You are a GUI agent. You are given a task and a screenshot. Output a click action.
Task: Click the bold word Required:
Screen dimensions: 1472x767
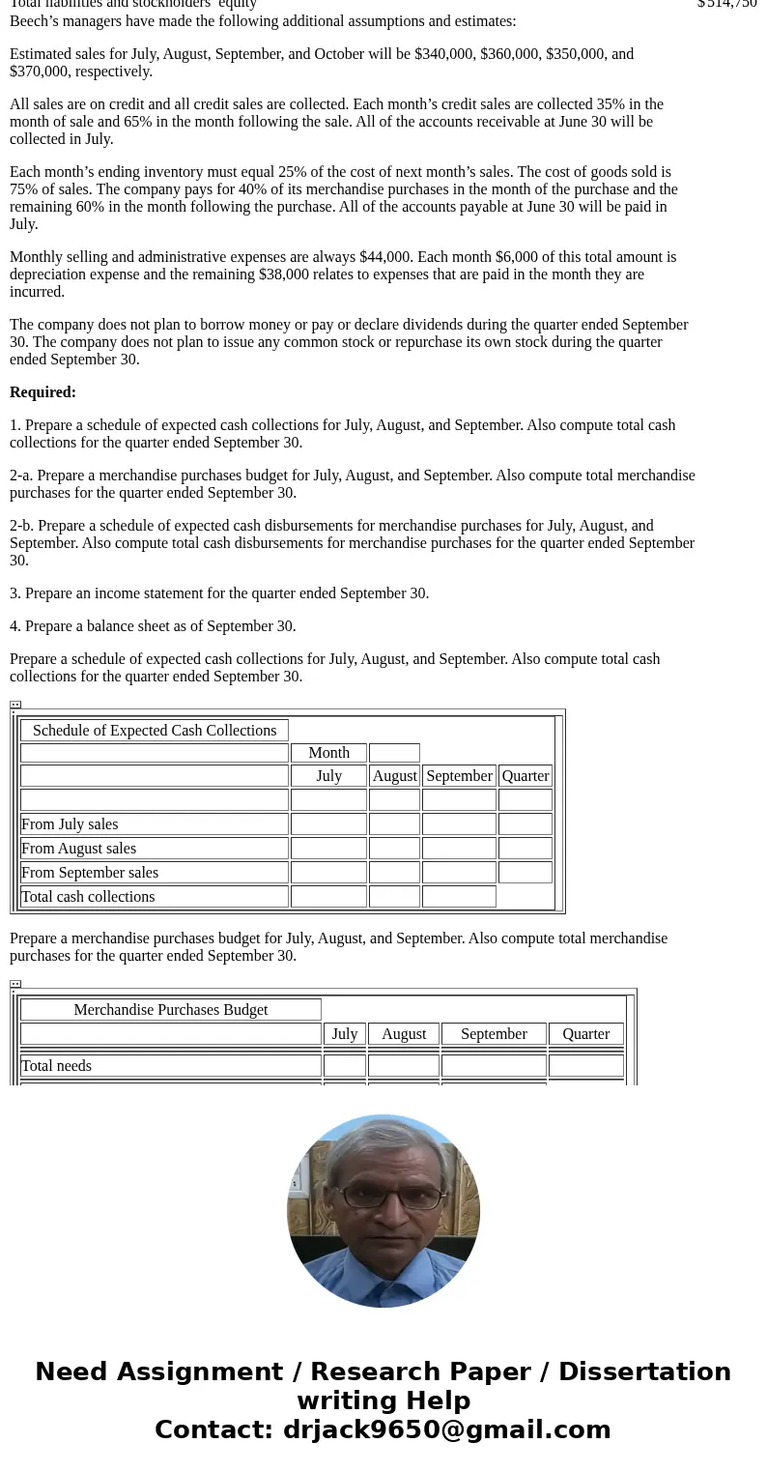43,392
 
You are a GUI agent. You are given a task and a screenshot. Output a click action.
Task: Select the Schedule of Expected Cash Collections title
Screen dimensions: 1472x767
155,731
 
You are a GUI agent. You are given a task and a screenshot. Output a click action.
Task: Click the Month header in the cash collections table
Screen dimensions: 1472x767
328,753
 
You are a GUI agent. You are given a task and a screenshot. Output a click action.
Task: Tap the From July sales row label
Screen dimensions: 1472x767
70,824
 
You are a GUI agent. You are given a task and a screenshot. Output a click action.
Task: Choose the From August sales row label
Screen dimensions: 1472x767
78,849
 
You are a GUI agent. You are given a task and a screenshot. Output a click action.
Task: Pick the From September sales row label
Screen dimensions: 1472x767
90,873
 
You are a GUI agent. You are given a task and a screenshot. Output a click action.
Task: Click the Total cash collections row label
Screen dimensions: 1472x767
88,897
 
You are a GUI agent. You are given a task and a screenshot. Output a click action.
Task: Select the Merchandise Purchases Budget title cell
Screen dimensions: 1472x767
171,1010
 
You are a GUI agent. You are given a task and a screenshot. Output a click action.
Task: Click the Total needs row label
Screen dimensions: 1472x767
57,1066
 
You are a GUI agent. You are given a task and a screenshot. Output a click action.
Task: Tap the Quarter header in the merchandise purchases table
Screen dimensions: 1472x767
586,1034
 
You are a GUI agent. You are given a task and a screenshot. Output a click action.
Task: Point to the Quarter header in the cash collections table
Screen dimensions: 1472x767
526,776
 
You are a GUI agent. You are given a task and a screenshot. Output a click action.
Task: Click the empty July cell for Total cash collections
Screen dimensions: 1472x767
328,897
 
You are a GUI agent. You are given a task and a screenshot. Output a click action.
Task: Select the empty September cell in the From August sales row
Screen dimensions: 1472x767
459,849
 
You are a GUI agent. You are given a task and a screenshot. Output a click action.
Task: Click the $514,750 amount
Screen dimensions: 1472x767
726,4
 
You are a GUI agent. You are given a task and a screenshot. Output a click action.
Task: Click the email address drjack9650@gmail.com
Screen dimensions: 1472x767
446,1430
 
